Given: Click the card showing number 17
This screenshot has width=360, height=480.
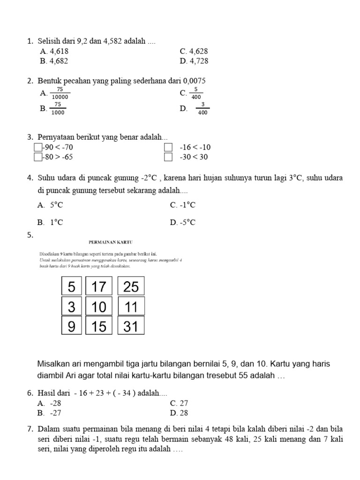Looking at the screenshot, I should point(99,286).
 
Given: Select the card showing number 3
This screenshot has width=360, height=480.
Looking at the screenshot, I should point(71,307).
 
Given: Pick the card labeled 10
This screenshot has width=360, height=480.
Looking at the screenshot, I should point(99,307).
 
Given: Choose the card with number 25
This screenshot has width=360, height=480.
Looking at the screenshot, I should point(131,286).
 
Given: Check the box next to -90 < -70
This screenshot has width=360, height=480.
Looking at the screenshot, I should point(38,148).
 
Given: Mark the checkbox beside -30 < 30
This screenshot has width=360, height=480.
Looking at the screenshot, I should point(168,157).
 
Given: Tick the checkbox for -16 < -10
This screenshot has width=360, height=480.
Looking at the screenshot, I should point(168,148).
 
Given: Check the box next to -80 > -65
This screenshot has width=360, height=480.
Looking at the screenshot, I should point(38,157).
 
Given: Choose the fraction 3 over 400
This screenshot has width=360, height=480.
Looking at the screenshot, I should point(202,109).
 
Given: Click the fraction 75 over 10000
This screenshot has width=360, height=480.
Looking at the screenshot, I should point(60,93).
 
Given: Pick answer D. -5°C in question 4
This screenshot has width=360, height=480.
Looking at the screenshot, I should point(183,222).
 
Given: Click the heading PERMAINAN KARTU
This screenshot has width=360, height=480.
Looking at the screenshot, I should point(111,242).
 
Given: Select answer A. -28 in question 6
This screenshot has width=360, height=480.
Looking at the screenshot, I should point(50,403).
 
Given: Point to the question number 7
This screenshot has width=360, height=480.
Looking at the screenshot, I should point(30,429).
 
